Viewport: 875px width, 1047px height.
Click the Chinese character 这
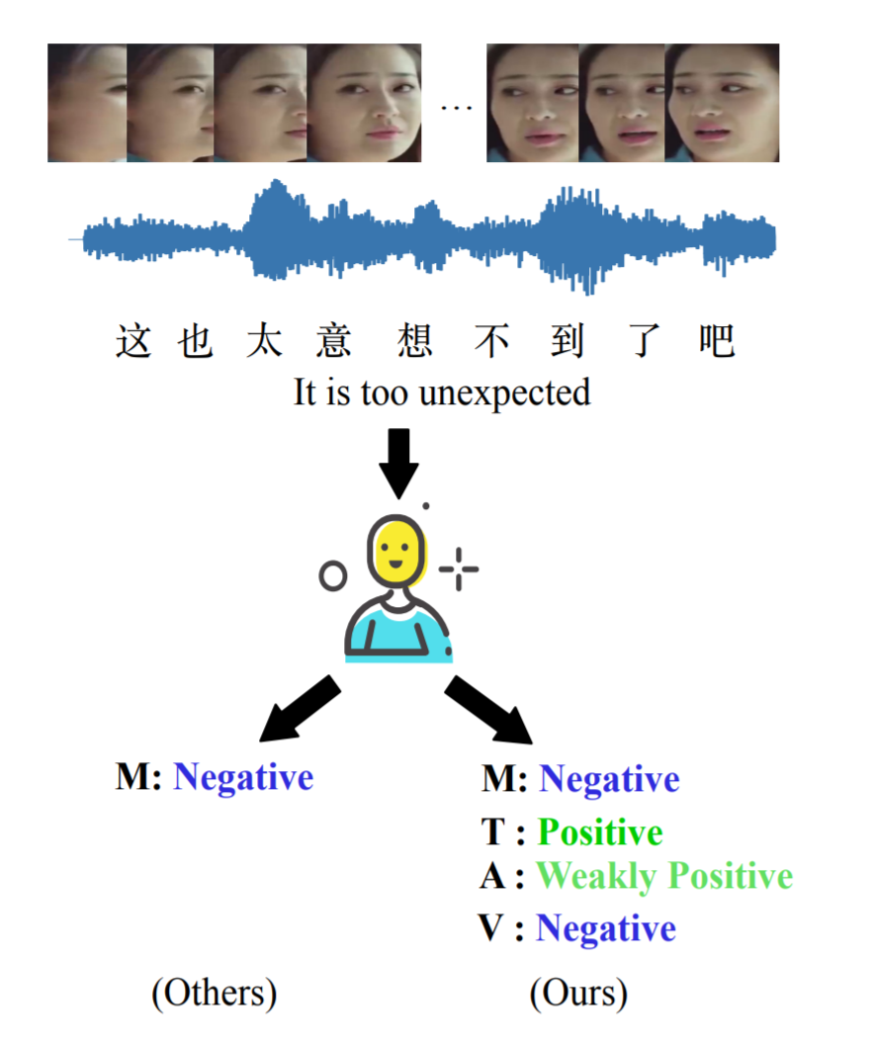point(132,341)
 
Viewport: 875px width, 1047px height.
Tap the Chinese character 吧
point(716,341)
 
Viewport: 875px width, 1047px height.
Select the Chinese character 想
point(412,341)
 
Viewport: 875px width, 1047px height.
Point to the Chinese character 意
point(334,341)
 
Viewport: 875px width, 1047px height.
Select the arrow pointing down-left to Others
point(298,710)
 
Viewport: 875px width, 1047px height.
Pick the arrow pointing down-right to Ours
point(489,710)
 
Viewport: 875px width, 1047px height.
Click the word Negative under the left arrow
point(243,777)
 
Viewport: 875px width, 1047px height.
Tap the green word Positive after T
point(600,832)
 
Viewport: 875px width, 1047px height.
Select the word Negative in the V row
point(606,928)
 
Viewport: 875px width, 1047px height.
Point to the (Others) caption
point(214,992)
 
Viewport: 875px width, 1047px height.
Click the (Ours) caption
point(578,992)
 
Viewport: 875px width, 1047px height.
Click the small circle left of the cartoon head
point(333,575)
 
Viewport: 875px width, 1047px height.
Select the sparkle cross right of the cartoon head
point(459,568)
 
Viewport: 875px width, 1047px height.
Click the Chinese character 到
point(568,341)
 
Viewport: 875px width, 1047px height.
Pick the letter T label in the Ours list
point(493,832)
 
